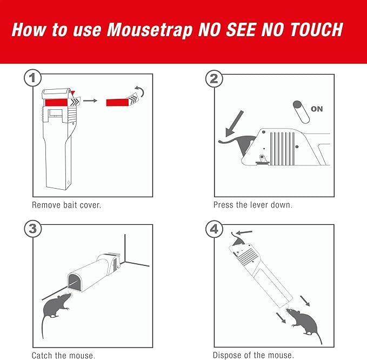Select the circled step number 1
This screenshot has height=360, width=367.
[33, 79]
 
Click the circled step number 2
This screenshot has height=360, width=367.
[215, 79]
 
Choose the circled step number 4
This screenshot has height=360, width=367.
[215, 229]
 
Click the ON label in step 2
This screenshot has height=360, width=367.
[317, 109]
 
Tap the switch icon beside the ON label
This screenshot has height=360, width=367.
[299, 109]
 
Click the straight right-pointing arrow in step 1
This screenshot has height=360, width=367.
[90, 101]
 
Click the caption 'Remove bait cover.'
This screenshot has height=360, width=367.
[66, 205]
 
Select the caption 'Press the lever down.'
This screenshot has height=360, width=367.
[252, 205]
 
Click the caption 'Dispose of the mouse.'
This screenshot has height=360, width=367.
[253, 355]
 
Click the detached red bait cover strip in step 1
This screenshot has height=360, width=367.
[119, 101]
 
